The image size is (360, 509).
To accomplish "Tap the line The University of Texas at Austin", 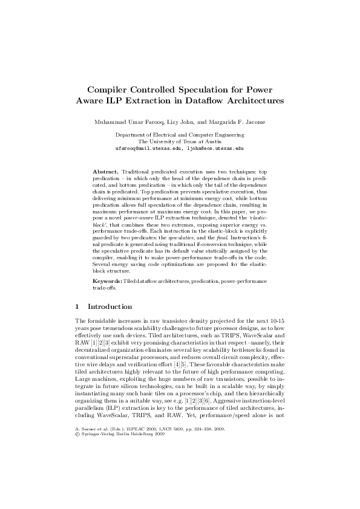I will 179,141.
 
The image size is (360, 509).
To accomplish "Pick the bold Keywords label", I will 107,282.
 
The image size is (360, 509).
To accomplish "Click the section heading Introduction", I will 111,307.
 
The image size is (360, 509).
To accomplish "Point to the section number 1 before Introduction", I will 76,307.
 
